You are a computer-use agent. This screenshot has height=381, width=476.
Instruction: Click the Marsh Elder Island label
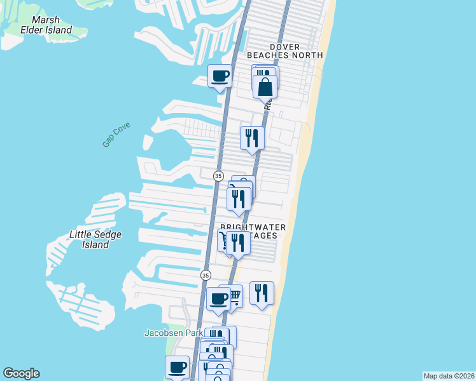[51, 25]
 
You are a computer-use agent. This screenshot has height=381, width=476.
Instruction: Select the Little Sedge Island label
[95, 239]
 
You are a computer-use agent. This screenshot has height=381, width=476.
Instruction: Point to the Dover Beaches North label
[297, 51]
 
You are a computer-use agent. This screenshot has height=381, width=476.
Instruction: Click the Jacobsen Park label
[173, 333]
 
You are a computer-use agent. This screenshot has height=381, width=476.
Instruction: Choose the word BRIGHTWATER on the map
[253, 227]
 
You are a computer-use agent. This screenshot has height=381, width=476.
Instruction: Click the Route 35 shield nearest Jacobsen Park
[205, 275]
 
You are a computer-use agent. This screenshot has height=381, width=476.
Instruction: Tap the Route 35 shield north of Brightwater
[218, 176]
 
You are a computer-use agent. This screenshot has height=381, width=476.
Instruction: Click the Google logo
[21, 373]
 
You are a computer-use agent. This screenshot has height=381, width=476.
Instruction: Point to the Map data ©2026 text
[449, 375]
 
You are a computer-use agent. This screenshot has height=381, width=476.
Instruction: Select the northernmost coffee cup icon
[220, 76]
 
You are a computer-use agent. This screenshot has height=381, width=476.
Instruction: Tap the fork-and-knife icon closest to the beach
[262, 293]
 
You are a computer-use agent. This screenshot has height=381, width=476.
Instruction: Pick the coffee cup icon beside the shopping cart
[218, 299]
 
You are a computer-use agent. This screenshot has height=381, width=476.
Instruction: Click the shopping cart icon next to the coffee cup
[234, 295]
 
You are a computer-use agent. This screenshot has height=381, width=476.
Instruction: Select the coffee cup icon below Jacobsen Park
[177, 367]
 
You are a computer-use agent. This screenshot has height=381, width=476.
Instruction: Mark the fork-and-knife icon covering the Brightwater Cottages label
[238, 243]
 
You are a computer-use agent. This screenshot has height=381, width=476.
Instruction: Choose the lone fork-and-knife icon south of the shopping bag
[252, 137]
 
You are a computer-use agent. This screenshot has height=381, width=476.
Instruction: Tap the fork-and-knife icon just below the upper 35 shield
[239, 199]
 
